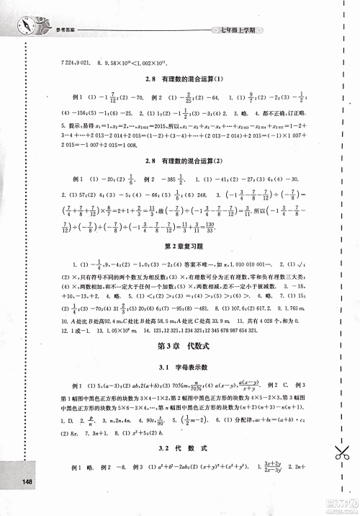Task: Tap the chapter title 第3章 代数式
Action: click(182, 347)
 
